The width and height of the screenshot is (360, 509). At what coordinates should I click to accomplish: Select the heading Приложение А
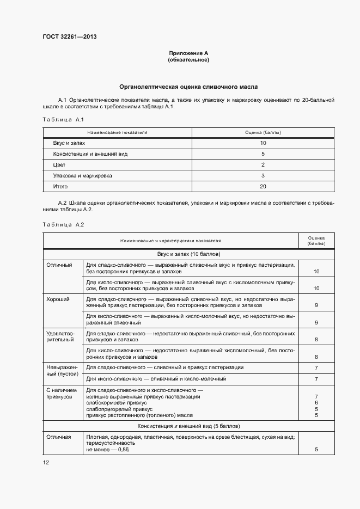tap(188, 53)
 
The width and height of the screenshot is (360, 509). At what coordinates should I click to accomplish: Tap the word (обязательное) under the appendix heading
tap(188, 60)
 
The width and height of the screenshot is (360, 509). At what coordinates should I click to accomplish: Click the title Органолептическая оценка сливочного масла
tap(188, 87)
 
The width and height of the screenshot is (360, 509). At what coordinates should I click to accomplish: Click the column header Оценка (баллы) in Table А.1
tap(263, 132)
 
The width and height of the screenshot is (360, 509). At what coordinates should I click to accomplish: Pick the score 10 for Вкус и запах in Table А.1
tap(263, 143)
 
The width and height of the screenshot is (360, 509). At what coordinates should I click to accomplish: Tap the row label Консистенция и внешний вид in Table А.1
tap(90, 154)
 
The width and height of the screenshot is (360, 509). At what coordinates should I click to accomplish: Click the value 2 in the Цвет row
tap(263, 165)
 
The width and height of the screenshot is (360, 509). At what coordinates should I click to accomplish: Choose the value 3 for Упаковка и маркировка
tap(263, 176)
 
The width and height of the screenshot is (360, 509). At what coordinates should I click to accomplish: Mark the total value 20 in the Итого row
tap(263, 187)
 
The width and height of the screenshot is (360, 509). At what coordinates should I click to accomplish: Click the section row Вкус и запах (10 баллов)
tap(188, 254)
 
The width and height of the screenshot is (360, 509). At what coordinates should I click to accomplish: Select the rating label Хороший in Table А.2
tap(58, 299)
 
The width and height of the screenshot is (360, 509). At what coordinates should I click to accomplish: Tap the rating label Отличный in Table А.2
tap(59, 265)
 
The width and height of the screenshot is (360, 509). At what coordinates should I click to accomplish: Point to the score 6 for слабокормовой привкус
tap(316, 403)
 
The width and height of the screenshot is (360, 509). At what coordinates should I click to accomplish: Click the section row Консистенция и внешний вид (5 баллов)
tap(188, 426)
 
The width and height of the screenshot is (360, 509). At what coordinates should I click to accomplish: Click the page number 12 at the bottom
tap(46, 462)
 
